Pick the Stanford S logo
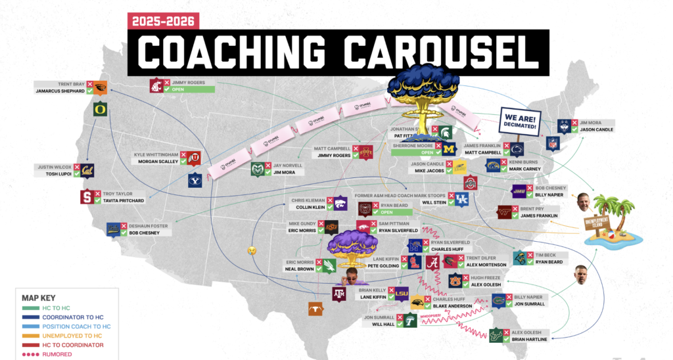(x=87, y=196)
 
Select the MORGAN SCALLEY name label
(x=158, y=162)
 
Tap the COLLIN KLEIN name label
(x=306, y=207)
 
